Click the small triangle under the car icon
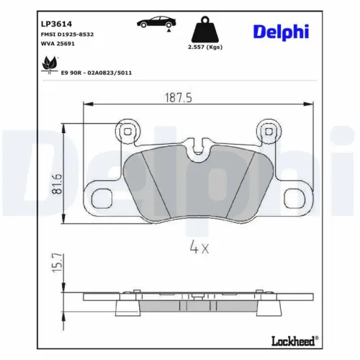pyautogui.click(x=168, y=32)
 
